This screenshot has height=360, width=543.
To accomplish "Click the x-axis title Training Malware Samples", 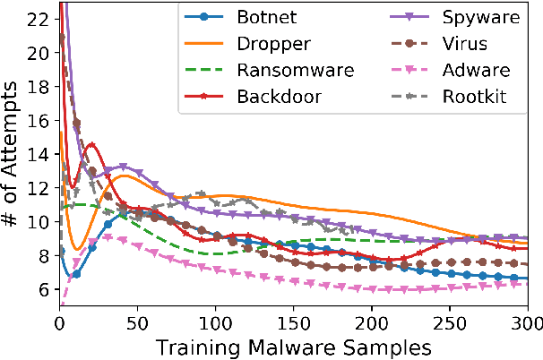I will click(293, 345).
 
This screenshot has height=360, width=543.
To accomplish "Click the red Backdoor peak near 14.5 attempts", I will click(90, 145).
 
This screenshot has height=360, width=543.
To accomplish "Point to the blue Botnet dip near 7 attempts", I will click(74, 274).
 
